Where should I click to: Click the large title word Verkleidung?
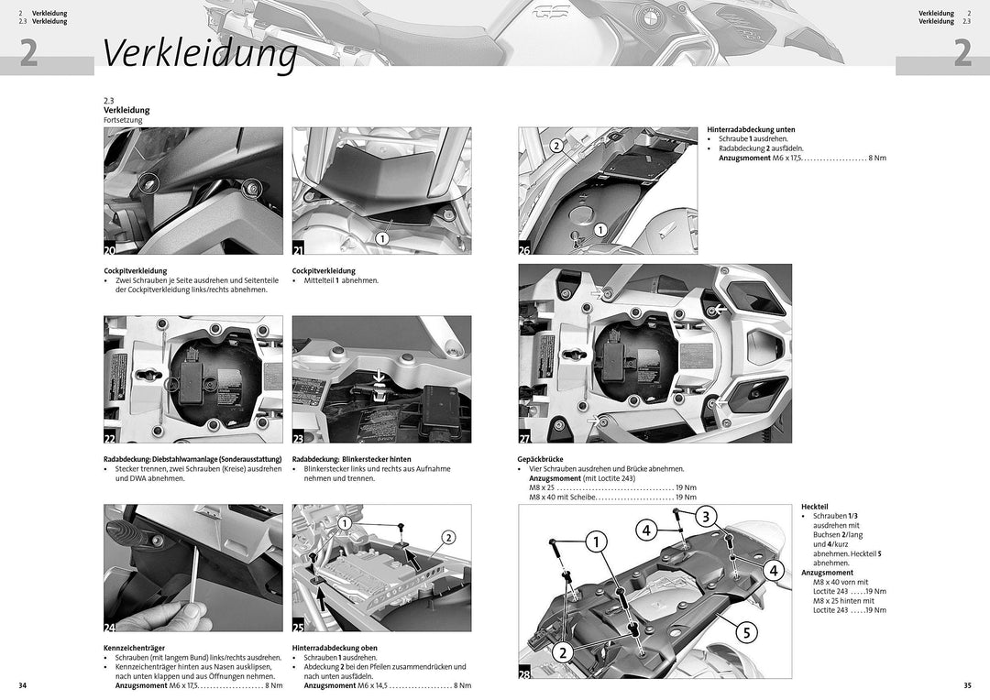[200, 53]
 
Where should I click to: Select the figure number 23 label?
[300, 439]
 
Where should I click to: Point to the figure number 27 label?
[526, 439]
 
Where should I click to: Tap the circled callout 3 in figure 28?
[705, 517]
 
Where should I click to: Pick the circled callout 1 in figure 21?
[381, 237]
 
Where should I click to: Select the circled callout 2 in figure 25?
[448, 538]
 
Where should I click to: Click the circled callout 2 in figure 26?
[556, 146]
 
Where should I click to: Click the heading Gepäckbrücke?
[540, 459]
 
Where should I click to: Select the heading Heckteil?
[814, 507]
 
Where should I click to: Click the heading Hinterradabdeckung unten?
[751, 129]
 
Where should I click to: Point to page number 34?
[23, 685]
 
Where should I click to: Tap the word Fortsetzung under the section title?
[123, 120]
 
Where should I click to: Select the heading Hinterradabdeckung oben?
[335, 648]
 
